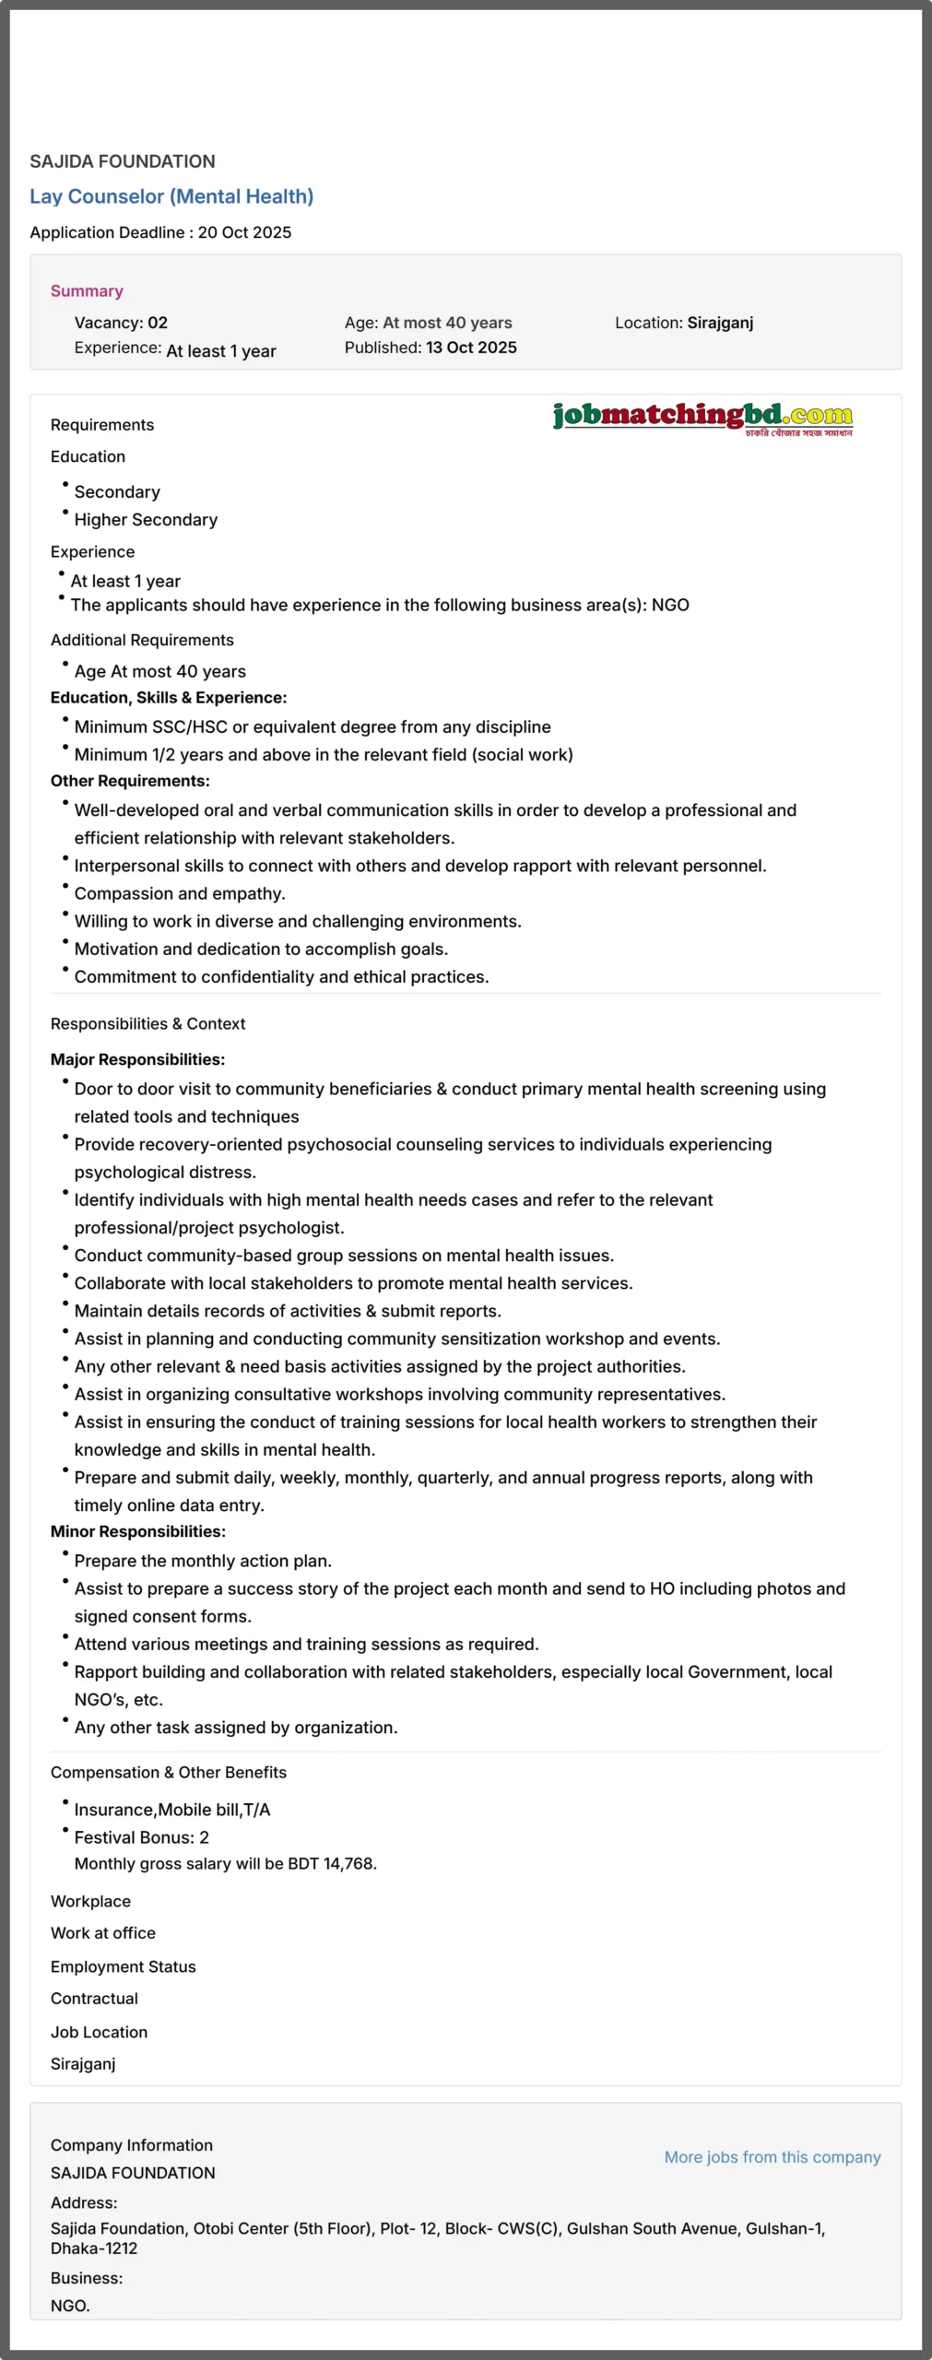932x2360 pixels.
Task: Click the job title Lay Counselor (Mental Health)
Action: pyautogui.click(x=171, y=196)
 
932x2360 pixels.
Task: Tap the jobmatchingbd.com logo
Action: pyautogui.click(x=702, y=417)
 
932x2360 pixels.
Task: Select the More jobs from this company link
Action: pyautogui.click(x=772, y=2156)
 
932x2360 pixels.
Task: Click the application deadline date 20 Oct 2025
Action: pyautogui.click(x=244, y=232)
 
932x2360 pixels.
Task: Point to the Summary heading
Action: pyautogui.click(x=87, y=291)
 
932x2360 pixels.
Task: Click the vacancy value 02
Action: pyautogui.click(x=158, y=323)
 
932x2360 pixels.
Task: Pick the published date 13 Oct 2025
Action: pyautogui.click(x=471, y=348)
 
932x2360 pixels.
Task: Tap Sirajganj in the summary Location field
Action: pyautogui.click(x=720, y=323)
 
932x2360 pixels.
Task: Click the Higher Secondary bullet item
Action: pyautogui.click(x=146, y=520)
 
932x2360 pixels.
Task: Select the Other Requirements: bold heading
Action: pyautogui.click(x=130, y=781)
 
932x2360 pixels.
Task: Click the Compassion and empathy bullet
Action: pyautogui.click(x=180, y=893)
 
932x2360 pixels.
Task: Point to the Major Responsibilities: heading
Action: pyautogui.click(x=137, y=1059)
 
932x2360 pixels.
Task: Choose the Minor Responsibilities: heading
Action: pyautogui.click(x=138, y=1531)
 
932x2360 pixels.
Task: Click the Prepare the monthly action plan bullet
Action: pyautogui.click(x=203, y=1561)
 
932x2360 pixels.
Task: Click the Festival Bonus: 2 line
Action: pyautogui.click(x=142, y=1837)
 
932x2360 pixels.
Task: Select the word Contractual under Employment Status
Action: pyautogui.click(x=94, y=1998)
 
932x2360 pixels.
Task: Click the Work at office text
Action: pyautogui.click(x=103, y=1933)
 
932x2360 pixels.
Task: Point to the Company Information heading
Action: pyautogui.click(x=132, y=2145)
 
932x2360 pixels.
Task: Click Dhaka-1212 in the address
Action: pyautogui.click(x=94, y=2248)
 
